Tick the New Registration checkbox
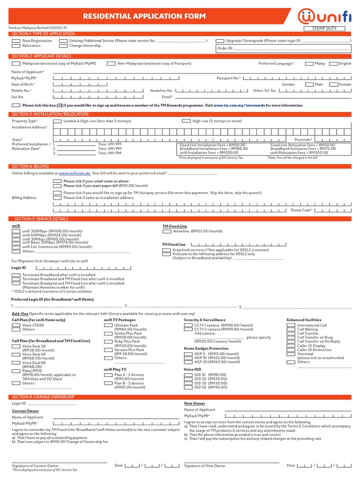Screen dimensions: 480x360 pyautogui.click(x=15, y=41)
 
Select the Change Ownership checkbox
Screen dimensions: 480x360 pyautogui.click(x=63, y=46)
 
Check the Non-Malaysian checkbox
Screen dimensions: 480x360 pyautogui.click(x=111, y=63)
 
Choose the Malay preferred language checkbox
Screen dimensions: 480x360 pyautogui.click(x=309, y=63)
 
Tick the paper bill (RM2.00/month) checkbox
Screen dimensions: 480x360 pyautogui.click(x=57, y=186)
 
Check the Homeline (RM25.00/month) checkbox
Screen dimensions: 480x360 pyautogui.click(x=166, y=231)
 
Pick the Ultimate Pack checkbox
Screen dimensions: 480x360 pyautogui.click(x=108, y=325)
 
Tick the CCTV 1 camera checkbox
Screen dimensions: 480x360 pyautogui.click(x=187, y=325)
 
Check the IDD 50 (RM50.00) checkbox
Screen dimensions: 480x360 pyautogui.click(x=187, y=388)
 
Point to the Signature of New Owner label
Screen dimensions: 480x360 pyautogui.click(x=205, y=465)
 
